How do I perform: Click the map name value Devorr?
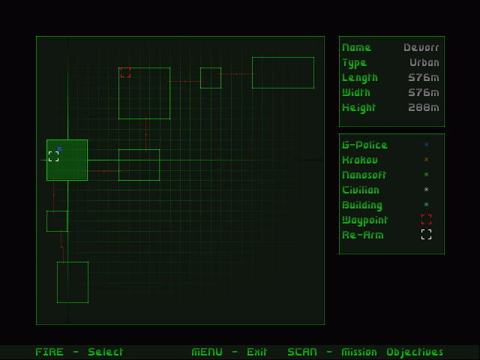(x=421, y=47)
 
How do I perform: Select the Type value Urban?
(x=424, y=62)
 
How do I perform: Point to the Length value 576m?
(x=424, y=77)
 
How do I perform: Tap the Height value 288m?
(x=424, y=107)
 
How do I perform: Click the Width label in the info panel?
(x=357, y=92)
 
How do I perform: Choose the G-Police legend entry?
(x=364, y=145)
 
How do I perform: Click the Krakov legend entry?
(x=360, y=160)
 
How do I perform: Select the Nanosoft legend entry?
(x=364, y=175)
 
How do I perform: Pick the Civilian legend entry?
(x=361, y=190)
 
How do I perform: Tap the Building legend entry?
(x=362, y=205)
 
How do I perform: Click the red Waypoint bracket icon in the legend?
(x=426, y=220)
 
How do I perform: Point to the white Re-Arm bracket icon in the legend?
(x=426, y=235)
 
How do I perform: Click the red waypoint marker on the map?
(x=125, y=73)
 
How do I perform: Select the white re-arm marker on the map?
(x=53, y=156)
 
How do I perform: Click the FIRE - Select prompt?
(x=79, y=352)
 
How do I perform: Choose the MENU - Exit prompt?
(x=229, y=352)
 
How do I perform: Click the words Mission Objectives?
(x=392, y=352)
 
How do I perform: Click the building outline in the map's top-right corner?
(x=283, y=72)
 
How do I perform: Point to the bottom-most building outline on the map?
(x=73, y=282)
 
